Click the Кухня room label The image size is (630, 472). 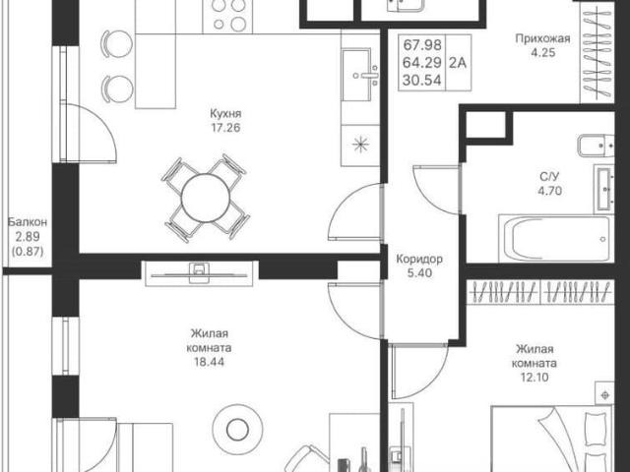[225, 114]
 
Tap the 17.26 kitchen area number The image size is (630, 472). [225, 128]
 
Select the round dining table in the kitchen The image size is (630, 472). [206, 198]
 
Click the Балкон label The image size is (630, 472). [28, 222]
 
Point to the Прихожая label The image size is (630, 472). [542, 38]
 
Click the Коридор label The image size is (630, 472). [419, 259]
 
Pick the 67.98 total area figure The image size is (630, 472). [422, 44]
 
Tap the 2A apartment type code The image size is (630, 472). [457, 63]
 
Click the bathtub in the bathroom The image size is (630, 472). [556, 238]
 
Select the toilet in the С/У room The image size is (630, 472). [596, 146]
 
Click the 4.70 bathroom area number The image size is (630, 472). [549, 191]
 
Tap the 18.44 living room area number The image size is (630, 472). [209, 362]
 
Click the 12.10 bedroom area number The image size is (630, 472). [534, 378]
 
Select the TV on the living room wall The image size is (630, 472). [199, 274]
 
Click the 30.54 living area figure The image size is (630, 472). [422, 81]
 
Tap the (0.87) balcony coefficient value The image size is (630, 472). [28, 252]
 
